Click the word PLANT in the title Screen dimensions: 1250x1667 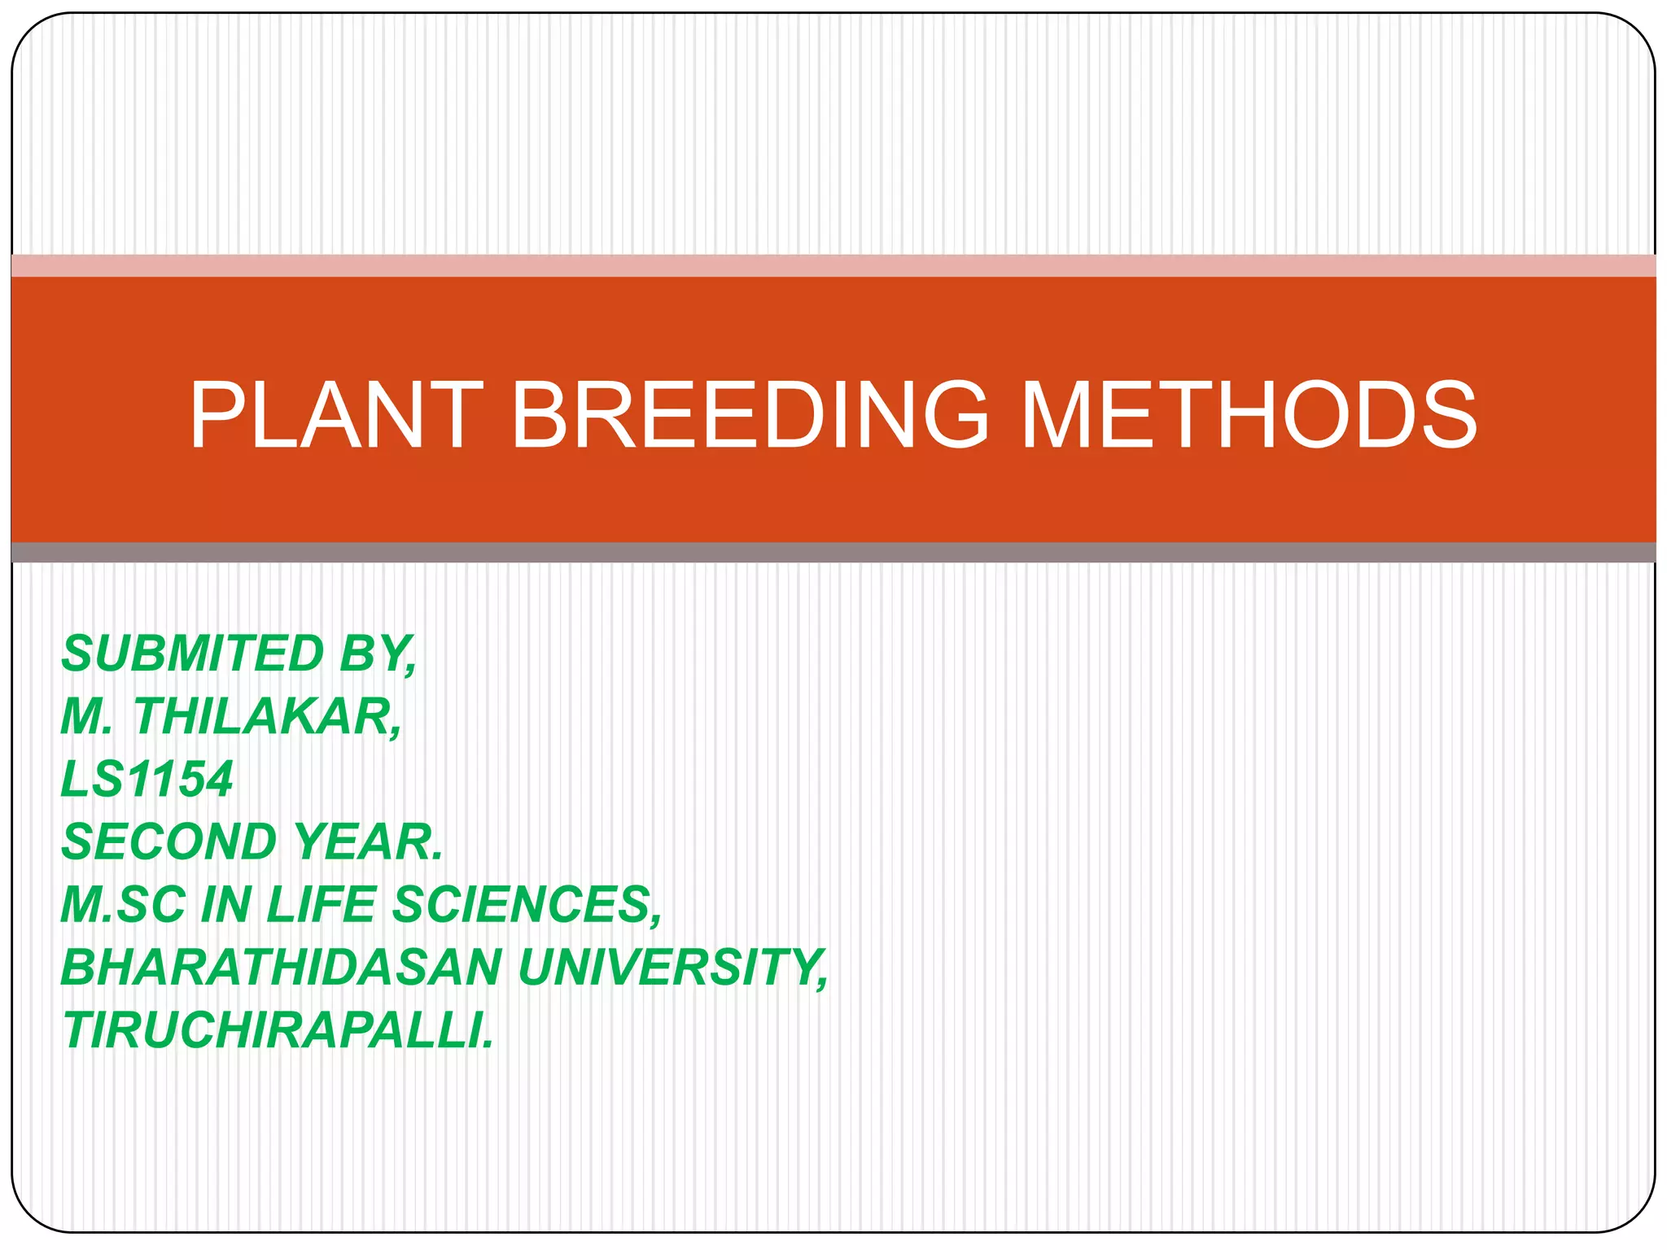point(336,416)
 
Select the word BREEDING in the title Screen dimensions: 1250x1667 point(750,416)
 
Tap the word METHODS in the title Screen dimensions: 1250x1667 point(1248,416)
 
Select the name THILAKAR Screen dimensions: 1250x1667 point(268,717)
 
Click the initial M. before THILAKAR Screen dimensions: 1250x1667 point(86,717)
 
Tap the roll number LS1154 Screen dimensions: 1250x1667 point(147,780)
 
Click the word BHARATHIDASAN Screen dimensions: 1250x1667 point(282,968)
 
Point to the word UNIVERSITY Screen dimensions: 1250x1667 point(672,968)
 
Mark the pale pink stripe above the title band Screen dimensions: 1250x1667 point(833,266)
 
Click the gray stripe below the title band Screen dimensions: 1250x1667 point(833,553)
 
